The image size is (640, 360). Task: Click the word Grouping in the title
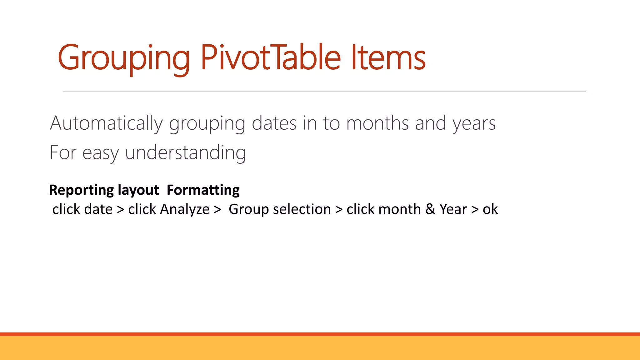124,58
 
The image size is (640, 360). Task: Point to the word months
377,123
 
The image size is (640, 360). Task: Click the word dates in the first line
274,123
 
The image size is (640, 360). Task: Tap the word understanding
186,153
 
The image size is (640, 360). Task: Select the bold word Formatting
203,190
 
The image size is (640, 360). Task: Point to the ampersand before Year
430,209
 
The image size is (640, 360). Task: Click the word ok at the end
490,209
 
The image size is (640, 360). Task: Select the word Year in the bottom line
453,209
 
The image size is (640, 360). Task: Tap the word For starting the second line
63,153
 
